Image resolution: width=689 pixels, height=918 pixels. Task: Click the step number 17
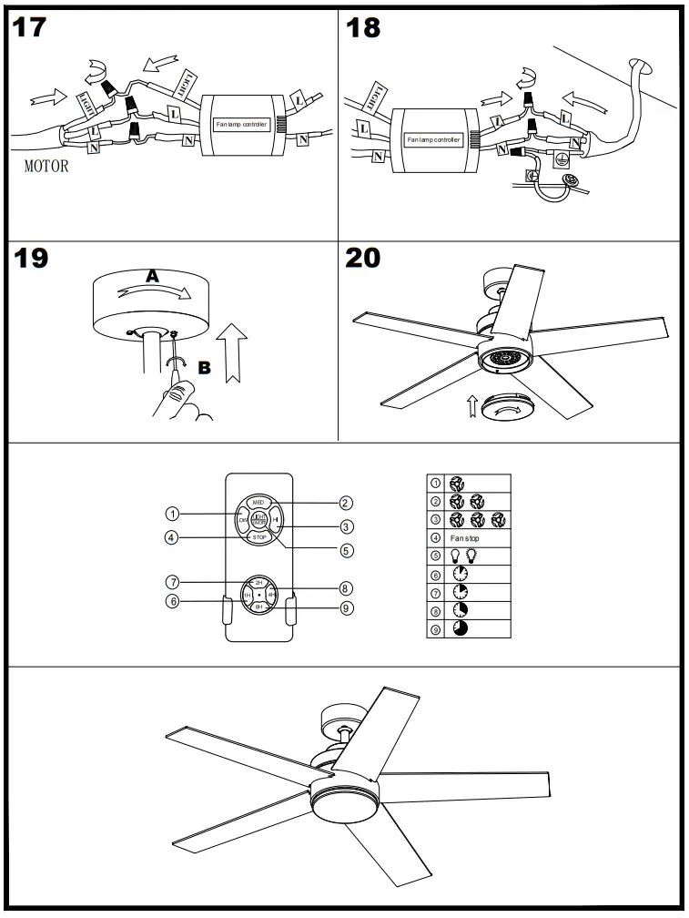pyautogui.click(x=29, y=27)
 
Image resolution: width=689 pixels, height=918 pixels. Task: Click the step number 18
pyautogui.click(x=363, y=27)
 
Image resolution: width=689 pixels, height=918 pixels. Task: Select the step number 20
pyautogui.click(x=363, y=258)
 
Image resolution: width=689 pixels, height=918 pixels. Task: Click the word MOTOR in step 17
pyautogui.click(x=46, y=168)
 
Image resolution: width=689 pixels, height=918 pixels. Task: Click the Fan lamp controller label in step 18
pyautogui.click(x=433, y=140)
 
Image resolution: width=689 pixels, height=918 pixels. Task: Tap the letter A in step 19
pyautogui.click(x=154, y=274)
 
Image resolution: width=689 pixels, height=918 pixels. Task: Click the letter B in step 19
pyautogui.click(x=204, y=368)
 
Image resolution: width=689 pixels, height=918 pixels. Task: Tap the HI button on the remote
pyautogui.click(x=277, y=521)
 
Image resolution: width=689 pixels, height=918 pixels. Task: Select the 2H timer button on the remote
pyautogui.click(x=259, y=582)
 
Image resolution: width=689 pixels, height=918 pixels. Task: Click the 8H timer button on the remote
pyautogui.click(x=259, y=606)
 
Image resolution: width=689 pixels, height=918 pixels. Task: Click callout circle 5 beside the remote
pyautogui.click(x=346, y=550)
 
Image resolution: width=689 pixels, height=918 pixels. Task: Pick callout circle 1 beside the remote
pyautogui.click(x=171, y=514)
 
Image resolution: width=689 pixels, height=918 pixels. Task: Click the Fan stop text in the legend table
pyautogui.click(x=465, y=539)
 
